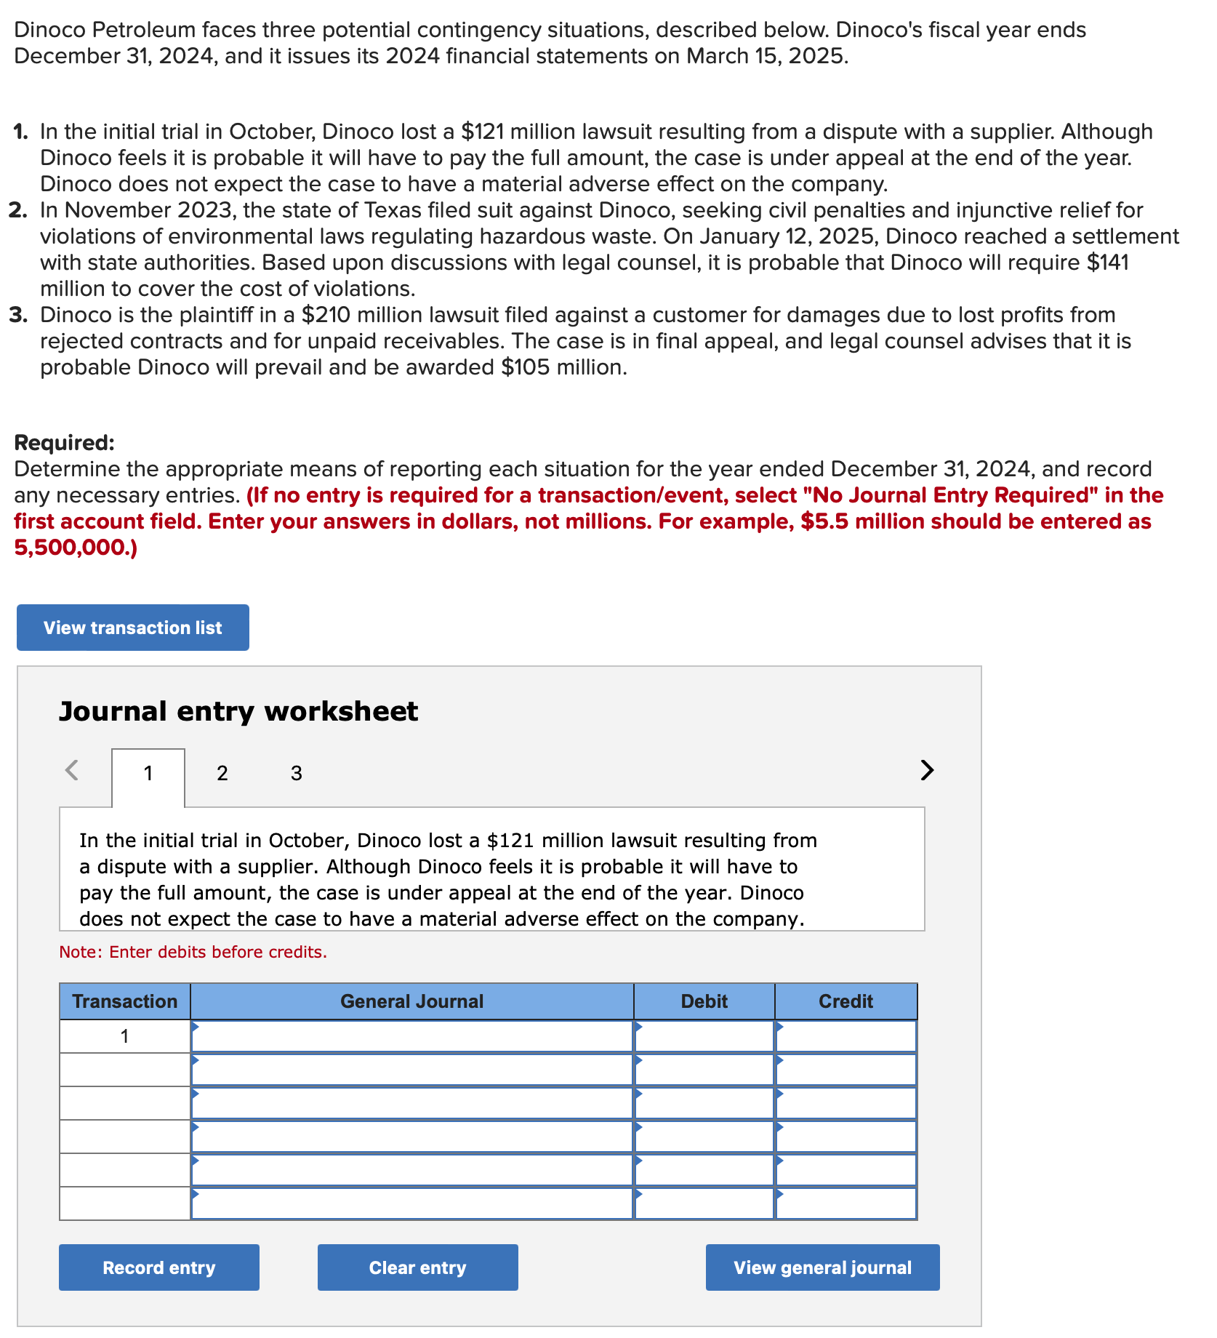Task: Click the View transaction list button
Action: coord(132,628)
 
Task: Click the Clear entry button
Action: coord(417,1267)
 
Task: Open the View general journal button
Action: coord(822,1267)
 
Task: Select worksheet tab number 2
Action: coord(222,773)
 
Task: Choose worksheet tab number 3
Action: coord(297,773)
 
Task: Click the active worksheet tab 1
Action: coord(148,773)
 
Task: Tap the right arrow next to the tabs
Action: coord(927,769)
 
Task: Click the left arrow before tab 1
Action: coord(72,769)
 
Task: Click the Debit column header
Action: coord(704,1001)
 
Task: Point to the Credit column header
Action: coord(846,1001)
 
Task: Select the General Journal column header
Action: coord(411,1001)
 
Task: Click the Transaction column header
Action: coord(125,1001)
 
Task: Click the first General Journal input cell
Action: coord(411,1036)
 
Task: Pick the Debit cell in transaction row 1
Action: coord(704,1036)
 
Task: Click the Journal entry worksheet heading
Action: coord(238,711)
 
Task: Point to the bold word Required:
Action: coord(64,443)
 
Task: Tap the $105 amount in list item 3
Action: coord(525,367)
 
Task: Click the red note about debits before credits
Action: coord(193,952)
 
